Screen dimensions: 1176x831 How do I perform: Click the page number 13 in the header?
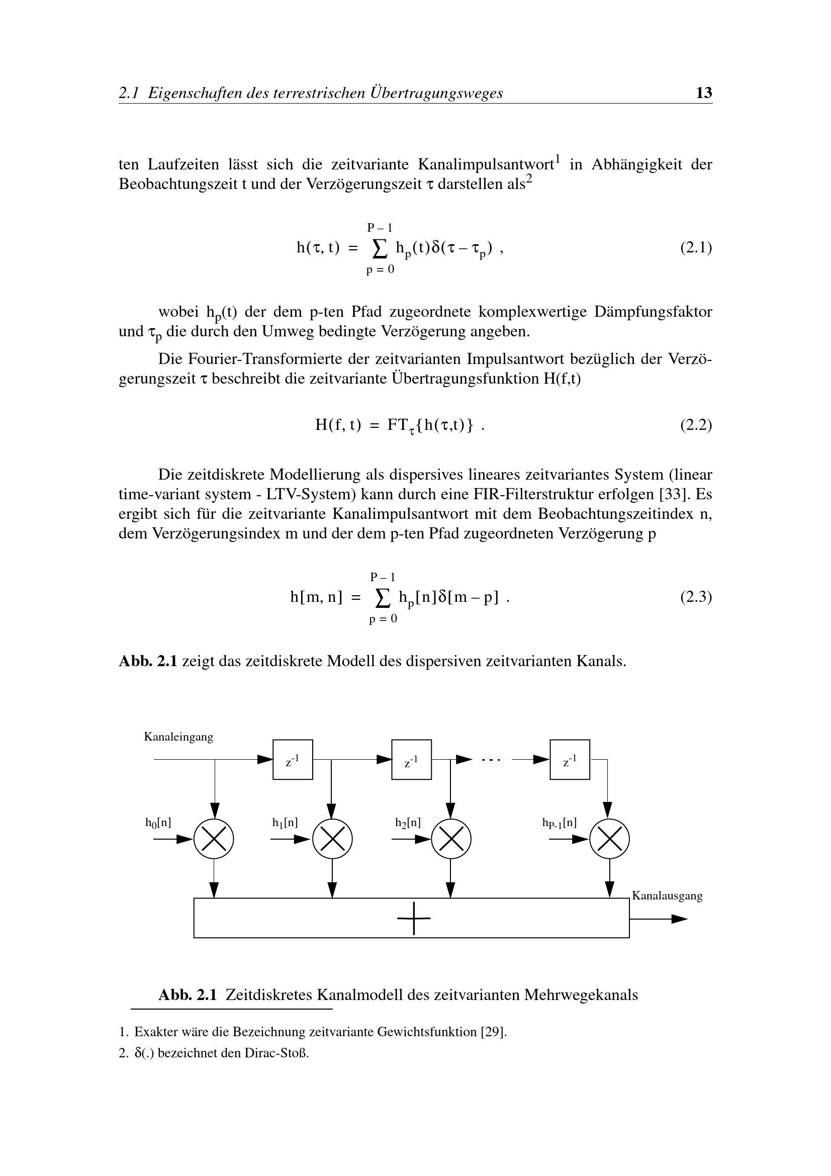click(704, 93)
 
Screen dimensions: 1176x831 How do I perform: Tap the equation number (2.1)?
click(696, 248)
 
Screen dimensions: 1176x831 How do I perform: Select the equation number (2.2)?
click(696, 425)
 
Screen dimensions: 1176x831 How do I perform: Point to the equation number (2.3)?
click(696, 597)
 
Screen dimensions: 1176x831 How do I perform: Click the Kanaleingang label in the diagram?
click(178, 737)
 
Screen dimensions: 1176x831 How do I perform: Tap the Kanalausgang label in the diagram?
click(667, 895)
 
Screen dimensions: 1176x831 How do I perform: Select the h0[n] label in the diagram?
click(158, 823)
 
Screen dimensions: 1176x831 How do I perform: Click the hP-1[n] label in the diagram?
click(559, 823)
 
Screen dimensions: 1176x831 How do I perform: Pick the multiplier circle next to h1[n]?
click(332, 839)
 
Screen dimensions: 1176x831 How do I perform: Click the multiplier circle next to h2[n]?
click(451, 839)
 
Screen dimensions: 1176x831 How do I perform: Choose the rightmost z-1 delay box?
click(570, 760)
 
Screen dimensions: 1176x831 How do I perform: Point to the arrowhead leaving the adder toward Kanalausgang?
click(679, 919)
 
